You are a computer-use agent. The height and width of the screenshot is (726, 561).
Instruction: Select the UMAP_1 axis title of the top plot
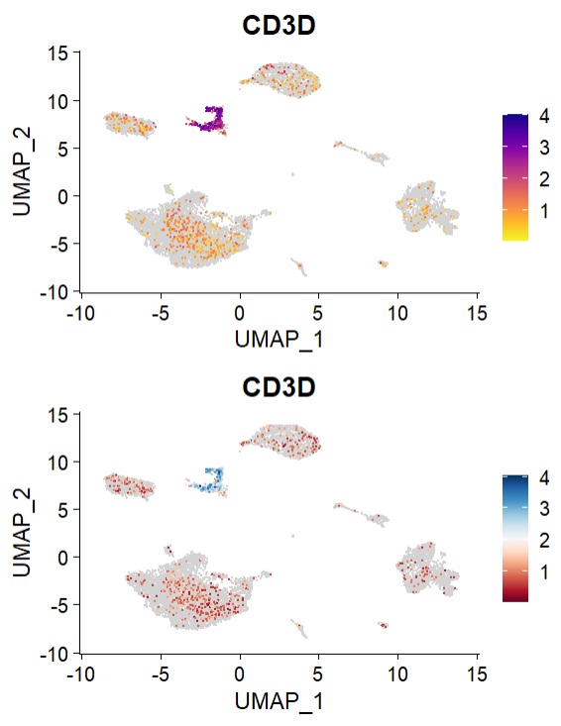click(x=280, y=339)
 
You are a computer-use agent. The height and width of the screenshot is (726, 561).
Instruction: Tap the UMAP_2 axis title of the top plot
click(x=21, y=172)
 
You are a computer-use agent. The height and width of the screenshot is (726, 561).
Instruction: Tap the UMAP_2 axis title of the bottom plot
click(x=21, y=534)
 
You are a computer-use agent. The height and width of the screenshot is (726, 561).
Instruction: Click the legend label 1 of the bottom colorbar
click(x=544, y=571)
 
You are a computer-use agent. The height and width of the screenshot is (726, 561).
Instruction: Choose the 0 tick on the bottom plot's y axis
click(x=60, y=558)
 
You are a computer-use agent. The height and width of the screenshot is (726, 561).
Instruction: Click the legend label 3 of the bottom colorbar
click(x=544, y=510)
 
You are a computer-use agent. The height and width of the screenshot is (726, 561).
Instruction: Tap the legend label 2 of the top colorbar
click(x=544, y=180)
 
